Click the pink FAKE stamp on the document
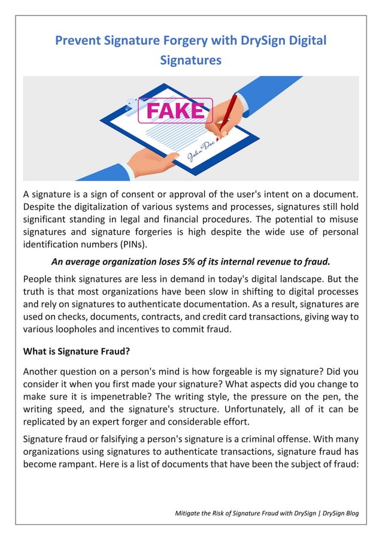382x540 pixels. (x=175, y=110)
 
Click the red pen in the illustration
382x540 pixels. (x=227, y=113)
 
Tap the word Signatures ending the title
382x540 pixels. (x=191, y=60)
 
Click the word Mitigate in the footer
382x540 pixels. (x=190, y=513)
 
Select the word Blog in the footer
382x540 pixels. (x=349, y=513)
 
